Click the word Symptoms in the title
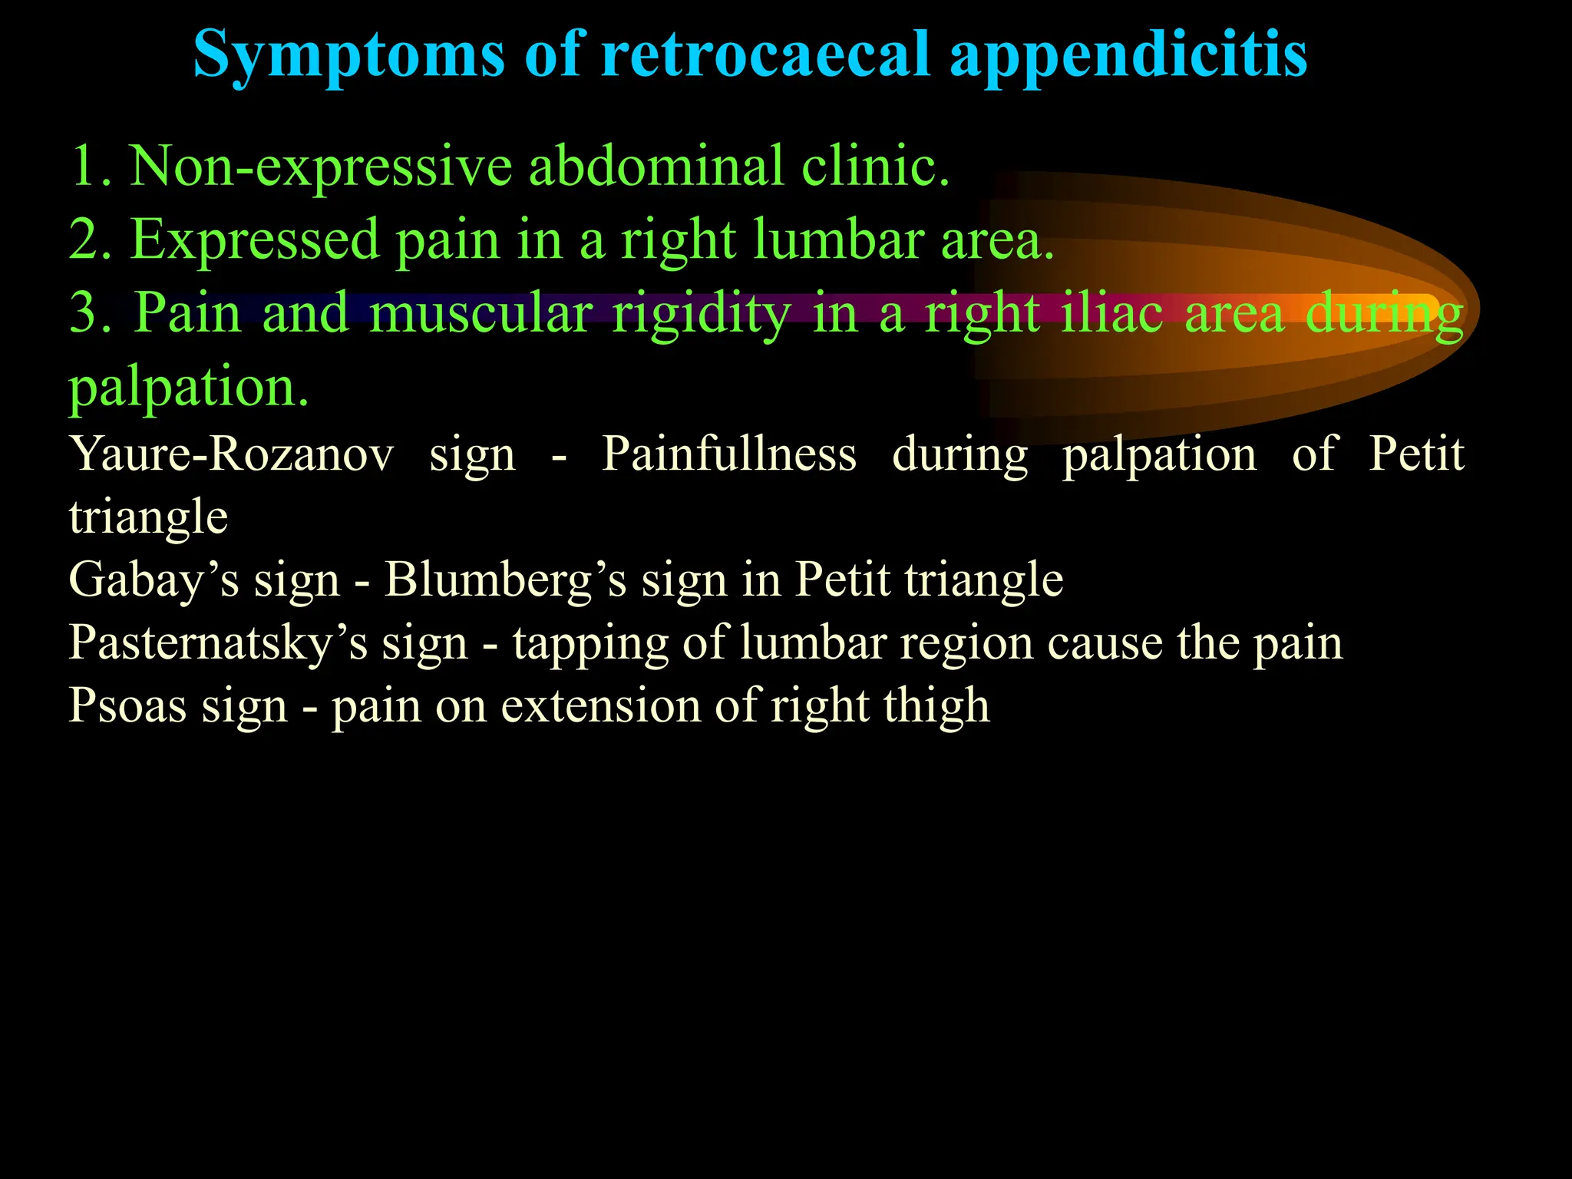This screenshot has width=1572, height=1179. pos(348,55)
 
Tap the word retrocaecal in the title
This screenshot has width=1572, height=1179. pos(765,55)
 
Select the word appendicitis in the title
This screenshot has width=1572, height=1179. pos(1128,55)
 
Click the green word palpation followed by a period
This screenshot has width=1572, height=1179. pos(189,388)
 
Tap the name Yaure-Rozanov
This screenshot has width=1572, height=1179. pos(230,454)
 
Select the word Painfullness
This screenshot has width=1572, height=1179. pos(728,454)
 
